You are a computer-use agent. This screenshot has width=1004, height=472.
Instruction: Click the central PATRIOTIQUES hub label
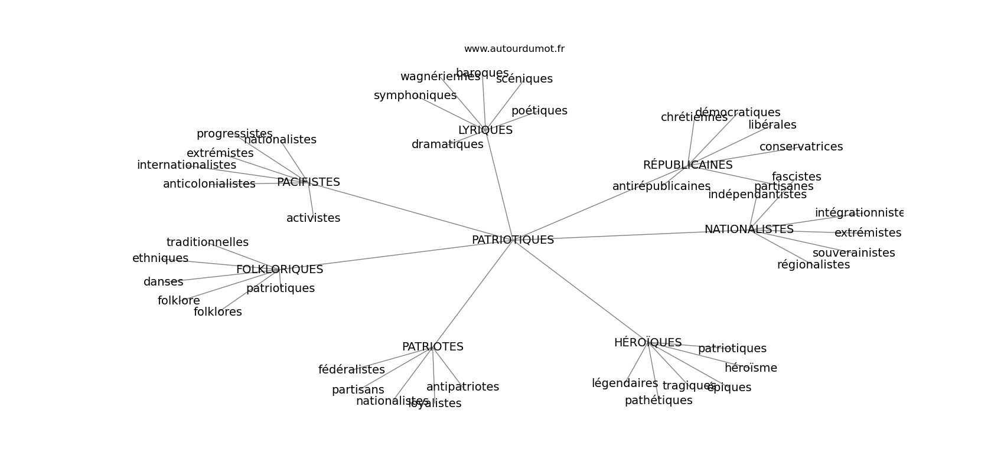pos(513,240)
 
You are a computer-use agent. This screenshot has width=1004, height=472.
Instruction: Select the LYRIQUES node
pos(485,130)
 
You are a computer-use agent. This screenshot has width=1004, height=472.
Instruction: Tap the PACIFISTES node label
pos(308,182)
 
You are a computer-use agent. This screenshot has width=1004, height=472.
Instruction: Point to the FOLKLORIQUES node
pos(279,270)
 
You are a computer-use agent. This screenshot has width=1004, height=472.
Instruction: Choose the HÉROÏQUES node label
pos(647,343)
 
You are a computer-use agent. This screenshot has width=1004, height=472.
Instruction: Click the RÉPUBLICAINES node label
pos(687,165)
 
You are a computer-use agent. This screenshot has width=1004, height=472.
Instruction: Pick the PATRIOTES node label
pos(432,347)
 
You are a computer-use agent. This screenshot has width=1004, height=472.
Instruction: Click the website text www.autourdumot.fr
pos(514,49)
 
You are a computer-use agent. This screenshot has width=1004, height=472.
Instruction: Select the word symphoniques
pos(415,96)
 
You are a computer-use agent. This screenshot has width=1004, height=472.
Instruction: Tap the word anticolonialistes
pos(209,184)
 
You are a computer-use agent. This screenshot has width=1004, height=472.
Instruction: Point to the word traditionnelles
pos(207,242)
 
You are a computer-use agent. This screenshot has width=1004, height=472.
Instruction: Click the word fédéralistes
pos(351,370)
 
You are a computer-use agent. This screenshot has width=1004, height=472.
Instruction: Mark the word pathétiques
pos(659,401)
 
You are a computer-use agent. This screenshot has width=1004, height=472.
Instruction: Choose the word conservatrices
pos(801,147)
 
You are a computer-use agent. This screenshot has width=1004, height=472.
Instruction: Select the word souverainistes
pos(853,253)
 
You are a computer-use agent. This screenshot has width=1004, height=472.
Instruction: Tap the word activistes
pos(313,218)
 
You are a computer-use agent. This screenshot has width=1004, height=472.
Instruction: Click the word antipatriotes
pos(462,387)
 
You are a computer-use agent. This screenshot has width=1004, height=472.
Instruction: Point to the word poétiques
pos(539,111)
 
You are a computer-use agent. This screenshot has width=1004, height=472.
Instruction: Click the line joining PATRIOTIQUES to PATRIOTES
pos(472,294)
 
